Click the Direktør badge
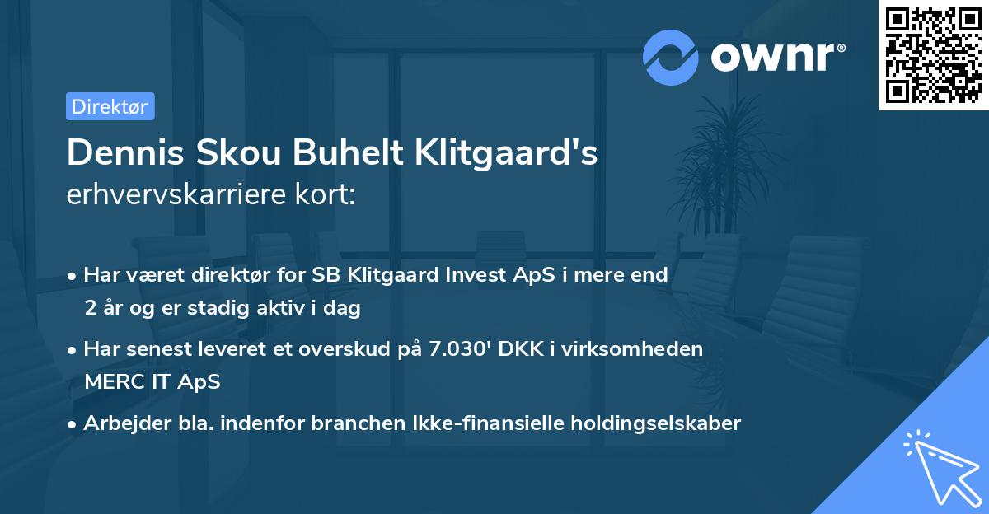pos(110,106)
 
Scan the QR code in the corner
pos(934,55)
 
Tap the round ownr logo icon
pos(672,58)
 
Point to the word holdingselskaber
pos(659,423)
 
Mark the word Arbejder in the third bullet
pos(121,423)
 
